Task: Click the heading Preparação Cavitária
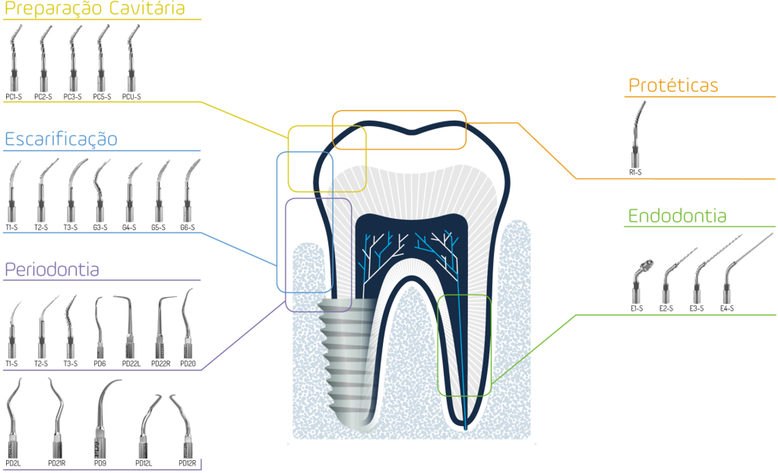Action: click(x=94, y=9)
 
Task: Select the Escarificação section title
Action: click(x=61, y=140)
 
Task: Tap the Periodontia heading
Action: click(x=52, y=270)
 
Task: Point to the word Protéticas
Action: click(x=673, y=85)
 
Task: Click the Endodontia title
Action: click(x=677, y=216)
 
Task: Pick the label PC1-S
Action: click(x=14, y=96)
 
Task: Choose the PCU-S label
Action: click(x=131, y=96)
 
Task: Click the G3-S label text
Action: click(x=100, y=228)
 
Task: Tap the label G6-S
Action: click(x=188, y=228)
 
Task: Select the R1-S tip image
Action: click(x=637, y=134)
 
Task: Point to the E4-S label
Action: click(x=727, y=308)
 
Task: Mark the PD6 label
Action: click(x=100, y=364)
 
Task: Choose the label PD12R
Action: click(x=188, y=464)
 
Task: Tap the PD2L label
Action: click(x=13, y=464)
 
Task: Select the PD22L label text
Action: click(x=131, y=364)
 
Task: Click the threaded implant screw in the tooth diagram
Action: click(x=347, y=363)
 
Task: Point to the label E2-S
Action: click(x=666, y=308)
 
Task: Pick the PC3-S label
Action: click(x=72, y=96)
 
